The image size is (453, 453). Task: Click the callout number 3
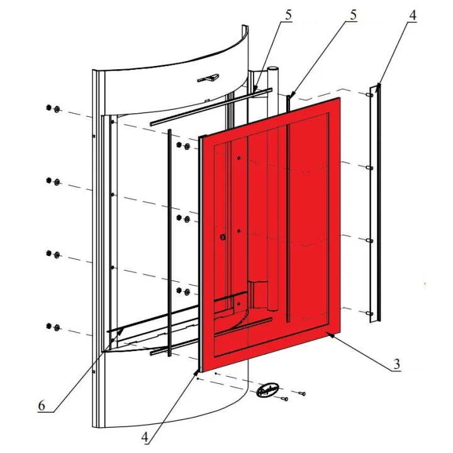pos(396,364)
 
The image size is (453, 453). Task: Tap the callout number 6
pos(42,406)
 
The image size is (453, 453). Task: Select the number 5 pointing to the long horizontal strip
pos(288,15)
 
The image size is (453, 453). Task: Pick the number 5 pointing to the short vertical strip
pos(354,15)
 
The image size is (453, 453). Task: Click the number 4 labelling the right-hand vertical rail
pos(413,15)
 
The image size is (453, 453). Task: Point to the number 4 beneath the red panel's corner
pos(145,437)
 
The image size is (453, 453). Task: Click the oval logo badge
pos(268,389)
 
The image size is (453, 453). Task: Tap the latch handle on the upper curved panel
pos(208,78)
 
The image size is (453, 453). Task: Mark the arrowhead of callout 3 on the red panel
pos(330,335)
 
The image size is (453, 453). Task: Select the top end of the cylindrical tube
pos(272,69)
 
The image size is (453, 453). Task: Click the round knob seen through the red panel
pos(223,237)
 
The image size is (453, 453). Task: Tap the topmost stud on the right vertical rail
pos(369,95)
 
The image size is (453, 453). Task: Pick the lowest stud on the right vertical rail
pos(369,313)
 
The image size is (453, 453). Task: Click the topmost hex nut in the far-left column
pos(48,108)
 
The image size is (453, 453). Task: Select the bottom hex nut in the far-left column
pos(48,326)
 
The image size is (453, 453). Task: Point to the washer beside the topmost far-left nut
pos(57,109)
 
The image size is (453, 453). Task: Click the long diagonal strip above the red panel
pos(211,107)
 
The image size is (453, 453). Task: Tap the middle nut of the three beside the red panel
pos(179,217)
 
